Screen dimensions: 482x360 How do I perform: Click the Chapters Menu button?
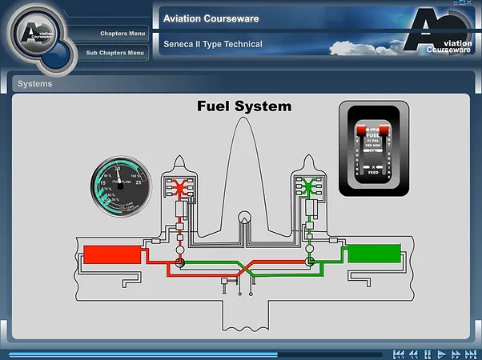click(x=122, y=34)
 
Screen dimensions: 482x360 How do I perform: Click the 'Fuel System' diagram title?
click(x=244, y=106)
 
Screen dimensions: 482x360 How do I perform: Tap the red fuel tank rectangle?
click(x=111, y=254)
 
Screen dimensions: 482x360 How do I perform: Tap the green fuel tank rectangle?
click(x=373, y=254)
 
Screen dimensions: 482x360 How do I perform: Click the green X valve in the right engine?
click(x=307, y=188)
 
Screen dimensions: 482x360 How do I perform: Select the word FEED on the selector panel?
click(x=372, y=171)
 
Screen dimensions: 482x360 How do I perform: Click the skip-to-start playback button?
click(x=399, y=354)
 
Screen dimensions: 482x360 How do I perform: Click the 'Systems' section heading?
click(x=35, y=83)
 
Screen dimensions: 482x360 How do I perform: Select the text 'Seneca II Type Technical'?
click(x=212, y=44)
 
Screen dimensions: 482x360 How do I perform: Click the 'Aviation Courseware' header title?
click(x=210, y=18)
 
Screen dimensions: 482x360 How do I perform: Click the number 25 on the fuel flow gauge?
click(x=137, y=183)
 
